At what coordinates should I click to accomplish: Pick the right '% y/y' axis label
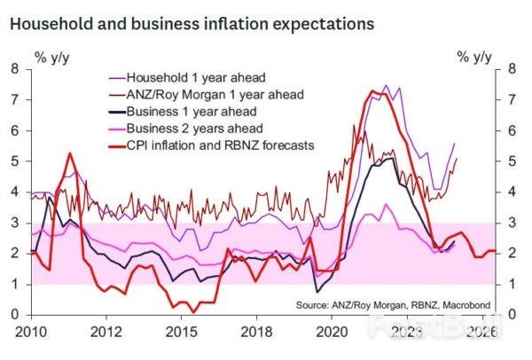[474, 58]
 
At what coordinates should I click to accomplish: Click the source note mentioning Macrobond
[385, 304]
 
